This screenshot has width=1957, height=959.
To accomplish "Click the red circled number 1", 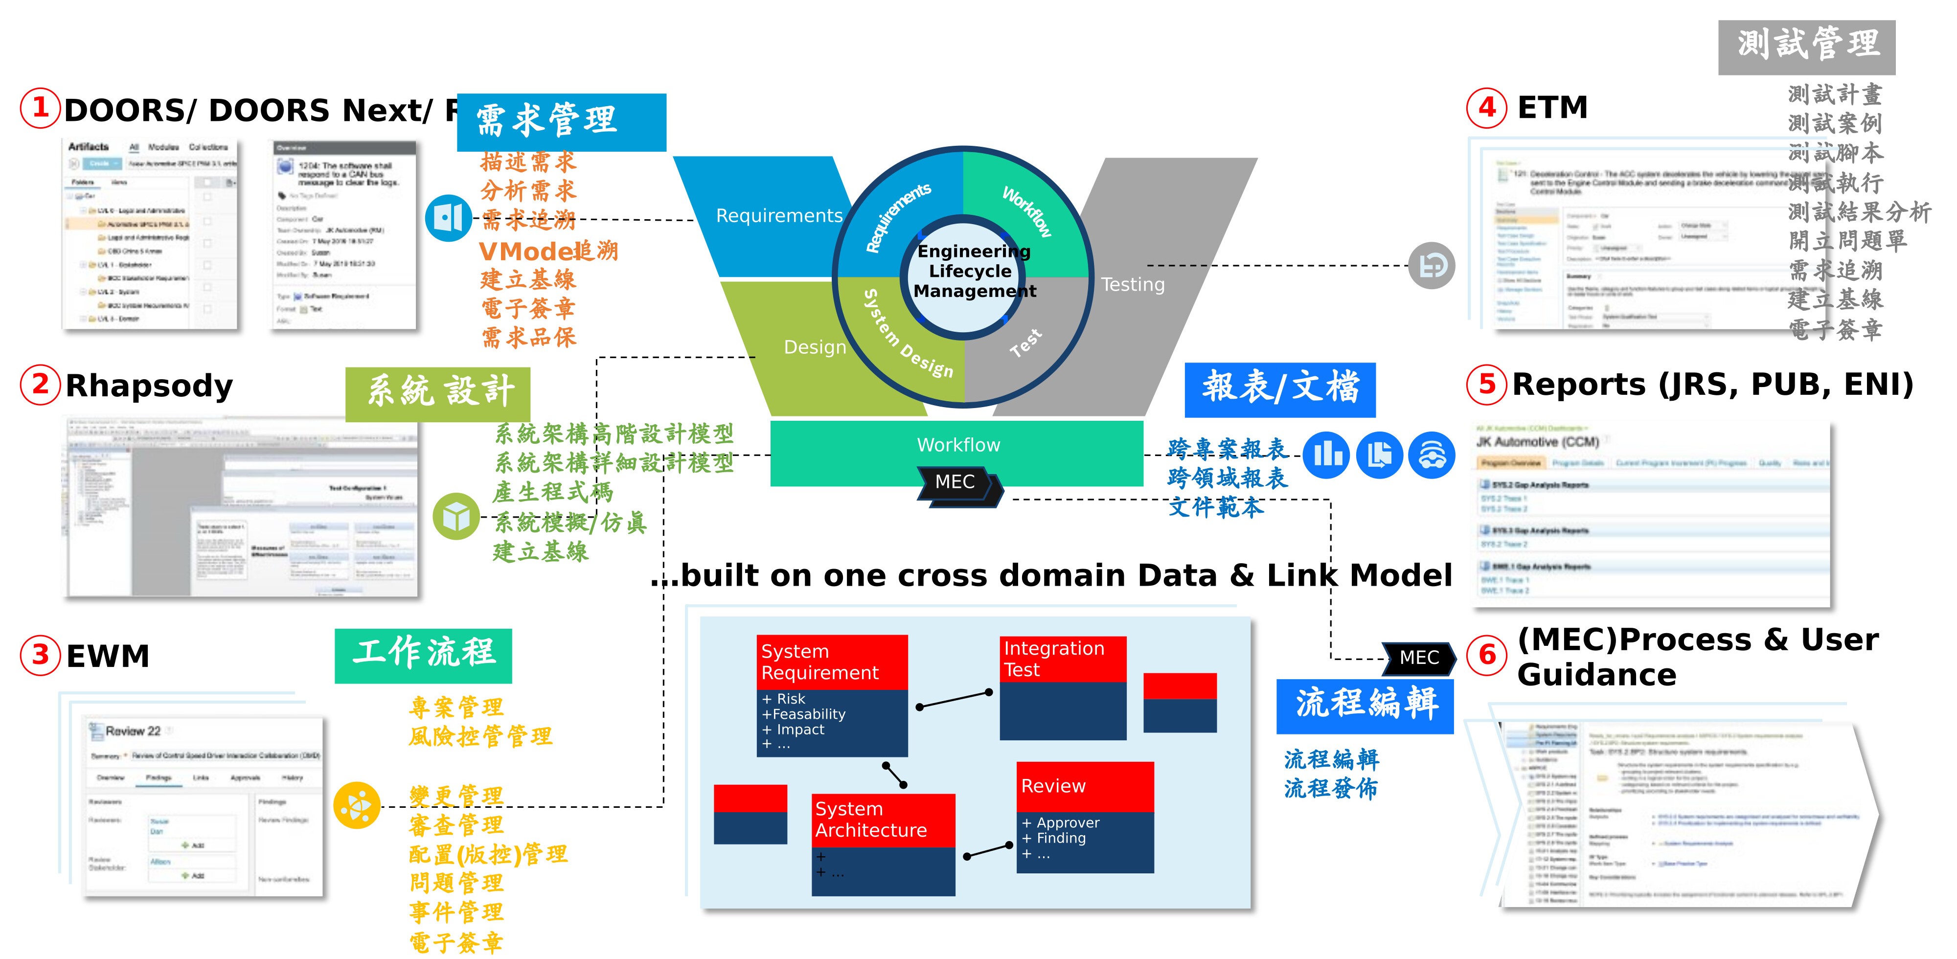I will pos(40,108).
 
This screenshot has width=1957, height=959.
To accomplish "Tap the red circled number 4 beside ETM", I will pos(1487,108).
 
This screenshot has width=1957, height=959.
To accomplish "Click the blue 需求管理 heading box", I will pos(562,121).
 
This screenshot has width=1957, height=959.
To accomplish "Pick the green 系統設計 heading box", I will pos(437,393).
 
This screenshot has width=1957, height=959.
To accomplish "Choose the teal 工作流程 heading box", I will pos(423,655).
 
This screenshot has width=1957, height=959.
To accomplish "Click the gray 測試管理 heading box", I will pos(1807,46).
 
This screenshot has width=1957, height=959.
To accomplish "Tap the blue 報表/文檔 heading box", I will pos(1280,388).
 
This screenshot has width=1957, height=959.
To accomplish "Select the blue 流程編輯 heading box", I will pos(1365,705).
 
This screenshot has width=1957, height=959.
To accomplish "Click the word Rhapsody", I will pos(149,386).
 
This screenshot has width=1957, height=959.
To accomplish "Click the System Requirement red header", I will pos(832,662).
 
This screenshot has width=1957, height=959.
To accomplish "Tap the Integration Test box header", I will pos(1062,659).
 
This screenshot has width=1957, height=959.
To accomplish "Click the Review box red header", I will pos(1085,786).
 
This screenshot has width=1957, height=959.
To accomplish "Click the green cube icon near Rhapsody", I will pos(456,517).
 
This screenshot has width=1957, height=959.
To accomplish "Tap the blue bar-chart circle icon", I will pos(1326,455).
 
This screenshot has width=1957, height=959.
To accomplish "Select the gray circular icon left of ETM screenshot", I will pos(1431,266).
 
